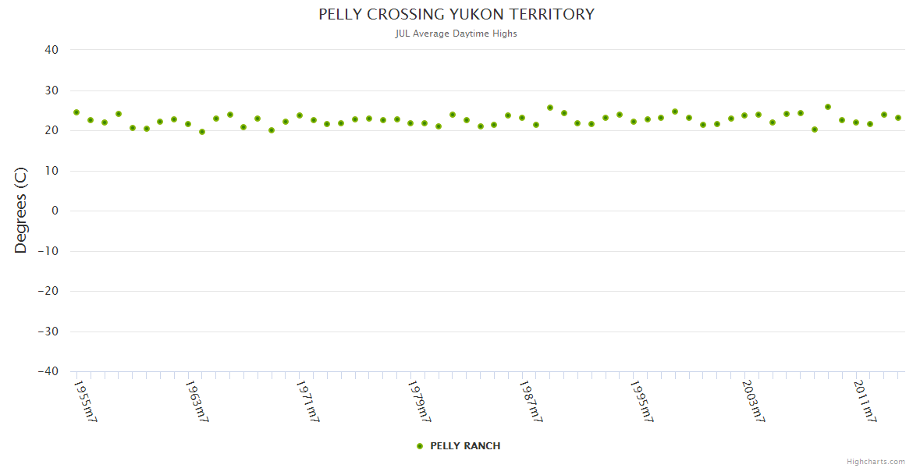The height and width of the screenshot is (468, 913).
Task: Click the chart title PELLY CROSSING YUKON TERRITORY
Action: pyautogui.click(x=456, y=15)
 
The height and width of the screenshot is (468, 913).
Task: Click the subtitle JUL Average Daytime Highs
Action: pyautogui.click(x=456, y=34)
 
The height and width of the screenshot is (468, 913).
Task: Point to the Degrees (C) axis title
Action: pyautogui.click(x=21, y=210)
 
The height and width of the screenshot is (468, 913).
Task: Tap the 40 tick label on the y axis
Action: pyautogui.click(x=52, y=50)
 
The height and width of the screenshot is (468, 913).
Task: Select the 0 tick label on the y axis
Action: pyautogui.click(x=55, y=211)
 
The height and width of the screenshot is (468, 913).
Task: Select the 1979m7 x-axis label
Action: pyautogui.click(x=420, y=402)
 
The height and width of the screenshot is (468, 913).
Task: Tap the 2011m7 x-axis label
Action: pyautogui.click(x=865, y=402)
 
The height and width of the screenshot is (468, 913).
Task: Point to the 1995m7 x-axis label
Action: pyautogui.click(x=642, y=402)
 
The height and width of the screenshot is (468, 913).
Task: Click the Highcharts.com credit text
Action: pyautogui.click(x=876, y=462)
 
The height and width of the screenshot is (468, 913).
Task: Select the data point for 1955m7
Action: pyautogui.click(x=76, y=112)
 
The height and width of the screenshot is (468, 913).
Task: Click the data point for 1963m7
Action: pyautogui.click(x=188, y=124)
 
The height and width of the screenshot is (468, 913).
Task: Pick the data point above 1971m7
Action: pyautogui.click(x=300, y=115)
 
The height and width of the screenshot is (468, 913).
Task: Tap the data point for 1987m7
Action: pyautogui.click(x=522, y=118)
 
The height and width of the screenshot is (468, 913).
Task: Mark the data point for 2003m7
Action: pyautogui.click(x=744, y=115)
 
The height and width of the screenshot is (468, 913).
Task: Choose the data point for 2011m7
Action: pyautogui.click(x=856, y=122)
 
